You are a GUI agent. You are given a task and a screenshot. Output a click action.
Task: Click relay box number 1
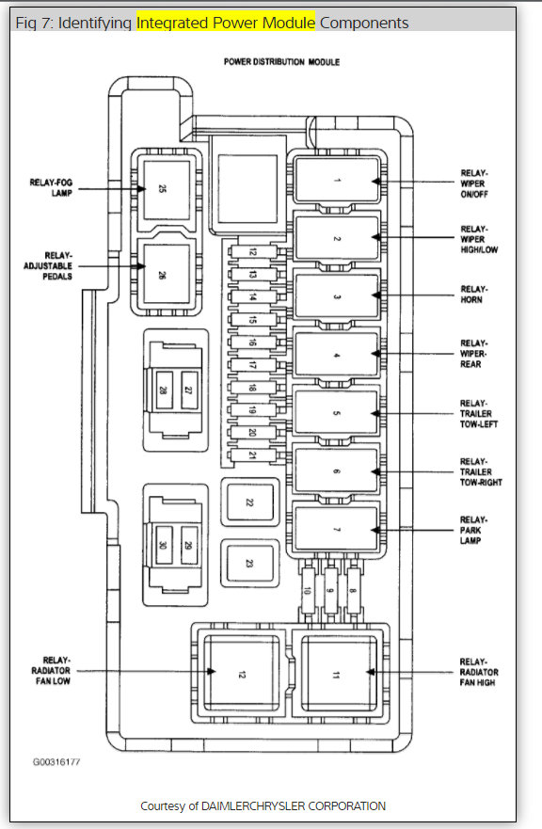coord(337,181)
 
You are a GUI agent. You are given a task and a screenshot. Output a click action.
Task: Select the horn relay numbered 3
coord(337,296)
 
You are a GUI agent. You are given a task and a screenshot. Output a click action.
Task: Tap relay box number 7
coord(337,529)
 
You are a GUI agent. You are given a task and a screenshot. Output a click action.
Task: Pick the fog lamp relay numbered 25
coord(167,189)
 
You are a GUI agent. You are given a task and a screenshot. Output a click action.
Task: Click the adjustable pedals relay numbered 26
coord(167,274)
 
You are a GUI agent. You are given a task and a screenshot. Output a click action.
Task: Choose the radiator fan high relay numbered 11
coord(339,674)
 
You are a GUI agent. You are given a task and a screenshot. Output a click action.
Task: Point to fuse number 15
coord(253,320)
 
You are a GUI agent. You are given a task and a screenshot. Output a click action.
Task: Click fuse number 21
coord(253,455)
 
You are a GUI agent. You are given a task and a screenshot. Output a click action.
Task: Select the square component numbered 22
coord(249,502)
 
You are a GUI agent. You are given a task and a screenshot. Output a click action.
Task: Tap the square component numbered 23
coord(249,564)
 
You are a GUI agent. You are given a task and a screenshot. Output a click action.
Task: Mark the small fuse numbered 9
coord(330,590)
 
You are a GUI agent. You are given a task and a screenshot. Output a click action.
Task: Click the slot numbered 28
coord(164,390)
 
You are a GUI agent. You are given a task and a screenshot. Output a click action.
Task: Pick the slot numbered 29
coord(189,545)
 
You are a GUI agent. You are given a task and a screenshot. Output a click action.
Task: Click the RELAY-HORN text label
coord(474,295)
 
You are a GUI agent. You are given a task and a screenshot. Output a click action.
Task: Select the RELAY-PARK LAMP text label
coord(473,530)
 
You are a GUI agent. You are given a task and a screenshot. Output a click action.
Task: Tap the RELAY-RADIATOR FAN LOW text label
coord(52,670)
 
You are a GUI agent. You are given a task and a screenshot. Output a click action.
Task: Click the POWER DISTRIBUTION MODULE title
coord(282,62)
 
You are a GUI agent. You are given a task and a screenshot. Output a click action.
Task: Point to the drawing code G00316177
coord(56,762)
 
